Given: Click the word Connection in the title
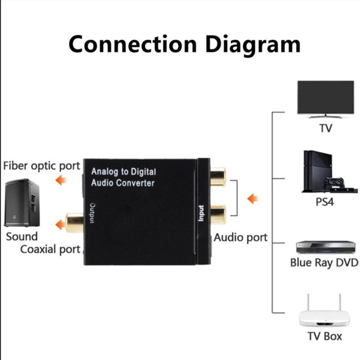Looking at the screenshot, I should point(133,44).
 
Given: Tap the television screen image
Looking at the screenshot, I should point(325,97).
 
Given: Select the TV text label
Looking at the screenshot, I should point(325,128).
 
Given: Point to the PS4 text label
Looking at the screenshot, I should point(325,202).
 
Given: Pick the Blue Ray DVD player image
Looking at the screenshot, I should point(325,247).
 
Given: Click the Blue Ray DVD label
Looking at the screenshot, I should point(324,262).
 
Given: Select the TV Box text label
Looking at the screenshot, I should point(325,336).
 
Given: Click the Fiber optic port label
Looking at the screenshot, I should point(41,166).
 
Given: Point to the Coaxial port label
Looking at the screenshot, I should point(50,249).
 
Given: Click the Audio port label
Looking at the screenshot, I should point(241,238).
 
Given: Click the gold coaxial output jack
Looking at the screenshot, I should point(74,222).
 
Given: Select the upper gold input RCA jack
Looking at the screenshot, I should point(218,176).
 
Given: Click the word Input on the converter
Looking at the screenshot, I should point(201,213).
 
